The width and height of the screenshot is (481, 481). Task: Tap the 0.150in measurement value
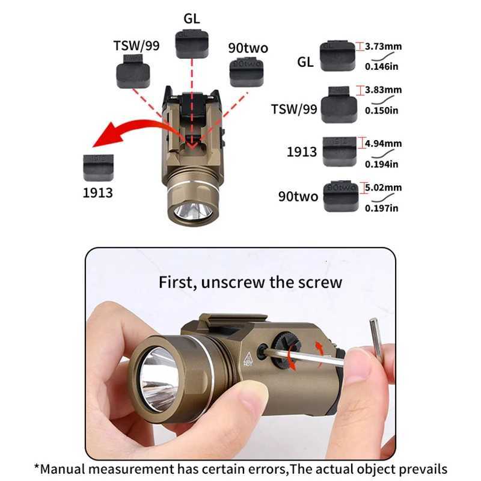click(382, 110)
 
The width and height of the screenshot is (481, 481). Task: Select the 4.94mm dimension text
click(384, 144)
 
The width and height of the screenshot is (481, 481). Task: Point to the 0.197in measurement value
click(382, 208)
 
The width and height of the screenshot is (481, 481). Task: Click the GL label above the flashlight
click(191, 18)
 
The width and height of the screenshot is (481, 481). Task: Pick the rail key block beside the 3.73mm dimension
click(337, 56)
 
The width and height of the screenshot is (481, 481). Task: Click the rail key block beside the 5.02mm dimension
click(340, 197)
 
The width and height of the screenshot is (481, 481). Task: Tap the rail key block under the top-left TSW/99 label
click(133, 72)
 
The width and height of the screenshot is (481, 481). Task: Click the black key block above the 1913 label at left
click(97, 168)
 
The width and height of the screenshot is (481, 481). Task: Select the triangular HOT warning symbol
click(247, 359)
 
